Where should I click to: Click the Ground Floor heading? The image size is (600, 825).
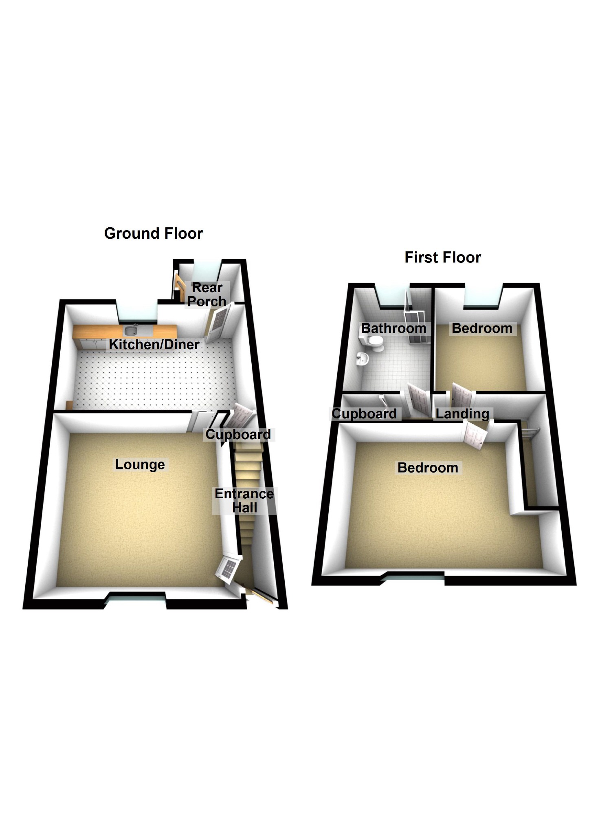153,233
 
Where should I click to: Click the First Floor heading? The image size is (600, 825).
442,257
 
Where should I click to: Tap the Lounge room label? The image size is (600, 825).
140,464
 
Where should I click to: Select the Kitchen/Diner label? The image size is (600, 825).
154,344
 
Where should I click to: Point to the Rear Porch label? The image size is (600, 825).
207,294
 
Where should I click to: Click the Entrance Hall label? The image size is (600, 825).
244,501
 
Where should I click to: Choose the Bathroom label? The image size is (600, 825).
393,328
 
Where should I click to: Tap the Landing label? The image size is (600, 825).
462,414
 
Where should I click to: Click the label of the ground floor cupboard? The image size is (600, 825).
238,434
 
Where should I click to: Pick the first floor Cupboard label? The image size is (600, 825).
364,414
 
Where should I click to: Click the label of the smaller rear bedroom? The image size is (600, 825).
482,328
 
